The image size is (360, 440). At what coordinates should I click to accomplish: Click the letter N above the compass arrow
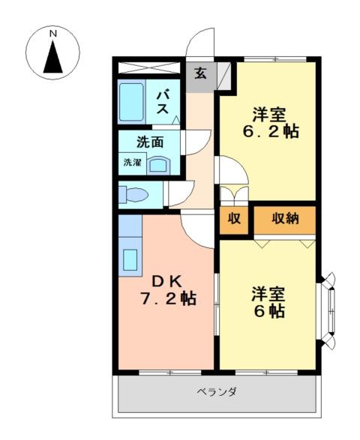53,34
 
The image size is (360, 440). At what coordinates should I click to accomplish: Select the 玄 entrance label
201,73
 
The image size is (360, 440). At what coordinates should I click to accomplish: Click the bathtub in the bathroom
131,102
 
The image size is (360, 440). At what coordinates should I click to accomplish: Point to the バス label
163,102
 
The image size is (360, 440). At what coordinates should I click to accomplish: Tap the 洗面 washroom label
150,142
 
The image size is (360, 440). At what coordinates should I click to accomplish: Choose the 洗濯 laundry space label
132,162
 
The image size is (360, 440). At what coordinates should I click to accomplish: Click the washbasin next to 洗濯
159,166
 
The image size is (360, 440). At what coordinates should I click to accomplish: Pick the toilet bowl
134,195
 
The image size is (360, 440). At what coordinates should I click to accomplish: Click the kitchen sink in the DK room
130,260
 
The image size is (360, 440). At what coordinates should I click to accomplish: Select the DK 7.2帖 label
168,290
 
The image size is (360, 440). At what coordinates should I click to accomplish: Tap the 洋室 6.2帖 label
271,123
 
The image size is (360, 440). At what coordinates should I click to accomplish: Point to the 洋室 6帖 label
269,302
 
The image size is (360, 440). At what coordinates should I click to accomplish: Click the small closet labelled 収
234,220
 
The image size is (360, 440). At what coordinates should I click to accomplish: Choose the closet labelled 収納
285,220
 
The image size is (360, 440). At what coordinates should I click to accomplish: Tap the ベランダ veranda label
217,391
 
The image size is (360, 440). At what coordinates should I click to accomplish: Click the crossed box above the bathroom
148,68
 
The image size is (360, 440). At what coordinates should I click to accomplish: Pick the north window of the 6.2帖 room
274,59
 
